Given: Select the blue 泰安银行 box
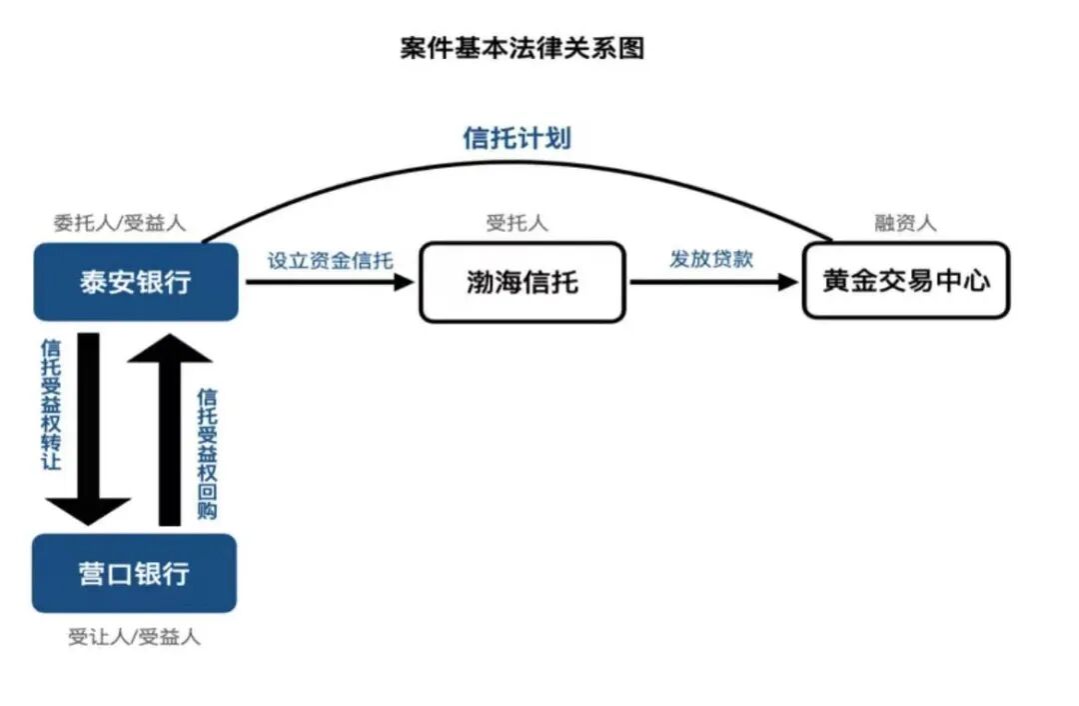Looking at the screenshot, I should pyautogui.click(x=136, y=282).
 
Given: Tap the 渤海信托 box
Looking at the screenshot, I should pyautogui.click(x=522, y=283).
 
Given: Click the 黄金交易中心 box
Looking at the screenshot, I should pyautogui.click(x=906, y=281).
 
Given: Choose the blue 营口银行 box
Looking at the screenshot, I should pyautogui.click(x=135, y=573).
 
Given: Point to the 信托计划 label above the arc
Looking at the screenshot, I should pyautogui.click(x=517, y=138).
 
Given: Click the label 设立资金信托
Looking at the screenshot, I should pyautogui.click(x=330, y=260).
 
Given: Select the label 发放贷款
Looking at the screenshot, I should pyautogui.click(x=711, y=259).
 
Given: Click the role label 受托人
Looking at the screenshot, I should pyautogui.click(x=517, y=224).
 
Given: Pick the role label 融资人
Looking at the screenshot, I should pyautogui.click(x=905, y=224).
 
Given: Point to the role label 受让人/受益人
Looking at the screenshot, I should pyautogui.click(x=134, y=637).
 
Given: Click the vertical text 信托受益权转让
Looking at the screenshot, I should pyautogui.click(x=51, y=405).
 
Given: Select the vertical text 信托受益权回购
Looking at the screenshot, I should pyautogui.click(x=208, y=452).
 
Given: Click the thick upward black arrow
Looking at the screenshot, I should pyautogui.click(x=170, y=430).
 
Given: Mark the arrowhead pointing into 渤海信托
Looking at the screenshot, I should pyautogui.click(x=404, y=282).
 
